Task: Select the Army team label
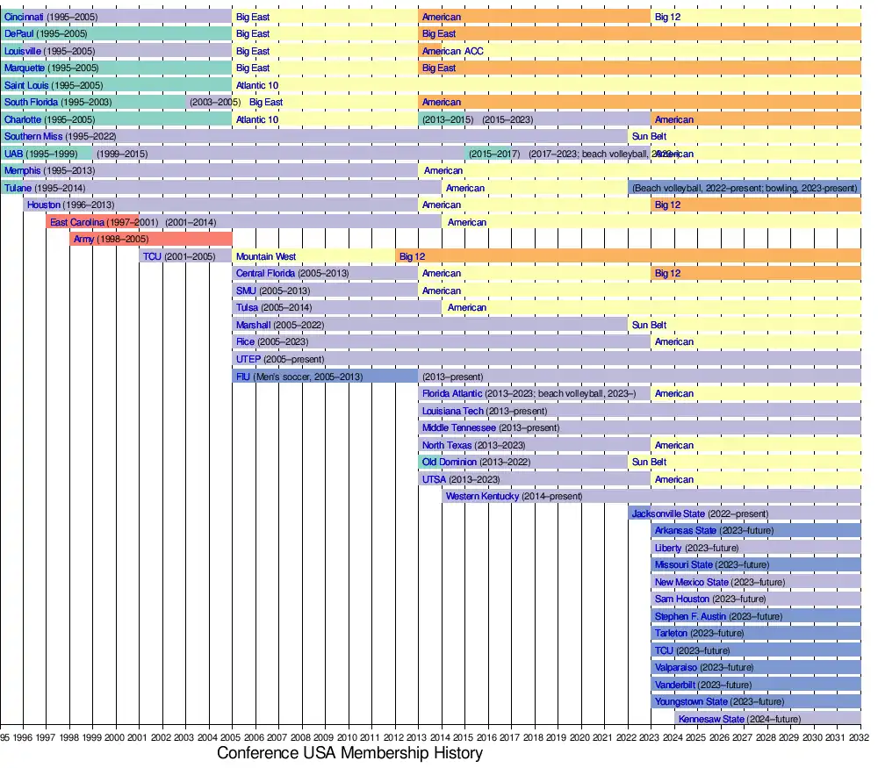tap(84, 239)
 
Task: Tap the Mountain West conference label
tap(266, 256)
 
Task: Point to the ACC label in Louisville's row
tap(474, 51)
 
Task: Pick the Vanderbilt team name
tap(675, 685)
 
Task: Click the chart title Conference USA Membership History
tap(349, 754)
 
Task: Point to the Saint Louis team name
tap(26, 85)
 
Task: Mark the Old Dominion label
tap(450, 462)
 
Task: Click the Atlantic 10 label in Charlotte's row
tap(257, 119)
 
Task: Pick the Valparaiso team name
tap(676, 667)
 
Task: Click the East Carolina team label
tap(77, 222)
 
